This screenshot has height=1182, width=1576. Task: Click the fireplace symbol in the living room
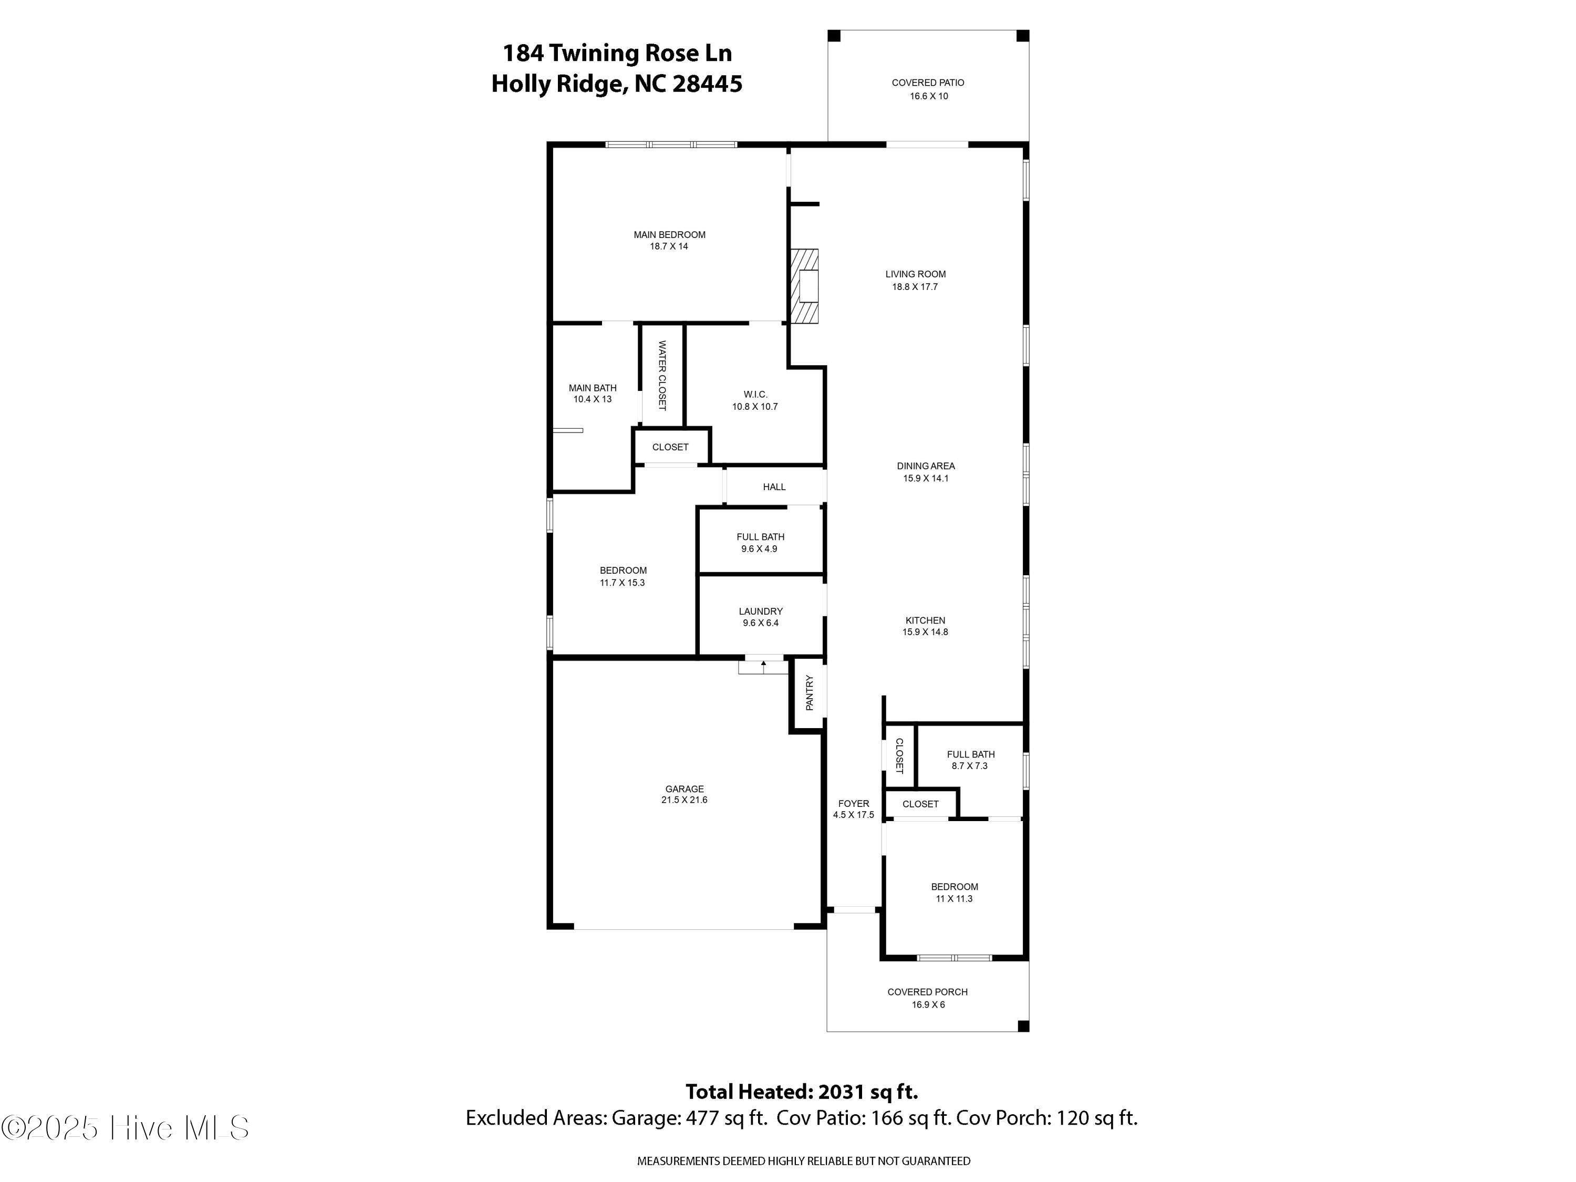[x=804, y=286]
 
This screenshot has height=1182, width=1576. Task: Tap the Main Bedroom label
[x=669, y=234]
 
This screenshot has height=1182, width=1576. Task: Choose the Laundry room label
[x=760, y=611]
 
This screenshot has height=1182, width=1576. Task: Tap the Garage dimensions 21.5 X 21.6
[x=684, y=800]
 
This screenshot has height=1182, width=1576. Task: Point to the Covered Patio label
[x=928, y=82]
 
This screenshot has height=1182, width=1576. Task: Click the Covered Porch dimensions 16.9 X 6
[x=928, y=1004]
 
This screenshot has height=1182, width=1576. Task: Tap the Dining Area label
[x=926, y=466]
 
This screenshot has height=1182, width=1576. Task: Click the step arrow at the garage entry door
[x=763, y=667]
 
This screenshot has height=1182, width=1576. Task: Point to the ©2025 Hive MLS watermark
[x=126, y=1128]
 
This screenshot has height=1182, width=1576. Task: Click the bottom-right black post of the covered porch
[x=1023, y=1026]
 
